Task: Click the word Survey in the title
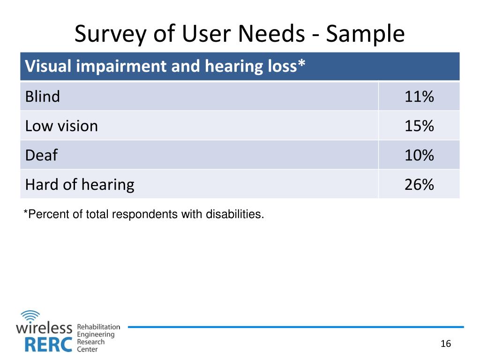(108, 34)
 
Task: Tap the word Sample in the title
(365, 34)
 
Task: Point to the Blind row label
(43, 97)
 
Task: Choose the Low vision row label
(61, 126)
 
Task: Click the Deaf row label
(41, 155)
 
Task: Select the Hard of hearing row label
(80, 184)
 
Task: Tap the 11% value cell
(419, 97)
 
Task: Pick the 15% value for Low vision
(419, 126)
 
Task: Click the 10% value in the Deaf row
(419, 155)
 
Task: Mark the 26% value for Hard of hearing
(419, 184)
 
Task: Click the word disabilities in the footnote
(239, 215)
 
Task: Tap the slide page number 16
(445, 344)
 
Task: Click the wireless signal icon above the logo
(30, 315)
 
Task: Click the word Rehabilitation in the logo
(98, 327)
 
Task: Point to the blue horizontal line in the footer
(295, 327)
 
